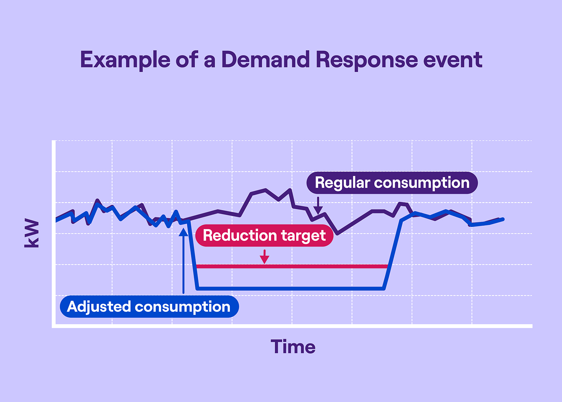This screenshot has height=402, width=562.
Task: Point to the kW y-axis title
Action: [x=32, y=233]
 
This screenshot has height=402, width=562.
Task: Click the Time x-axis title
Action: [x=293, y=347]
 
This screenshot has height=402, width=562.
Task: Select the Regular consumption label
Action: [x=392, y=183]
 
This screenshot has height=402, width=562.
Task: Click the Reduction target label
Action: [x=264, y=235]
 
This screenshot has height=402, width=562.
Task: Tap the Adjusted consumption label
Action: [x=149, y=306]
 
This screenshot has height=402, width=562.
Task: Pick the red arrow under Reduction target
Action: [x=265, y=257]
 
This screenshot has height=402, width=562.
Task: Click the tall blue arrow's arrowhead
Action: [x=183, y=232]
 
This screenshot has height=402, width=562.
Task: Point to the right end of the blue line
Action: [x=502, y=219]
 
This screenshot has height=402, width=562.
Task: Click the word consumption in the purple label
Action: [x=421, y=183]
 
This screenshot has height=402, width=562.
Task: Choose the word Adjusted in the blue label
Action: [x=99, y=306]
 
